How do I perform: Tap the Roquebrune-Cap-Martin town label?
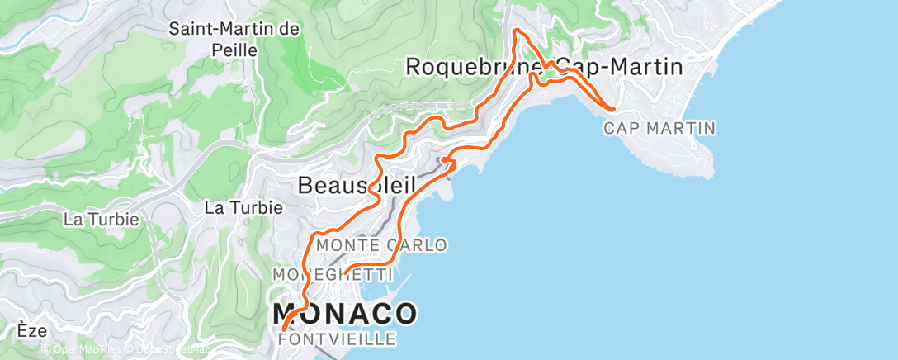point(545,67)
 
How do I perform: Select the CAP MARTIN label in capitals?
point(659,128)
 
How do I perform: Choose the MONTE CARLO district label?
point(382,245)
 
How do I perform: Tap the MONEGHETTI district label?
point(332,272)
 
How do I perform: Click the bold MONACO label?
point(345,314)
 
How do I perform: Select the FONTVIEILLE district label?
point(338,339)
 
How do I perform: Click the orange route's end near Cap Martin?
point(612,108)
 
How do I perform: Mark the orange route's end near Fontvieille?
point(284,330)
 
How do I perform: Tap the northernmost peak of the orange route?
point(517,31)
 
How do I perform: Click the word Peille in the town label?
point(234,50)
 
